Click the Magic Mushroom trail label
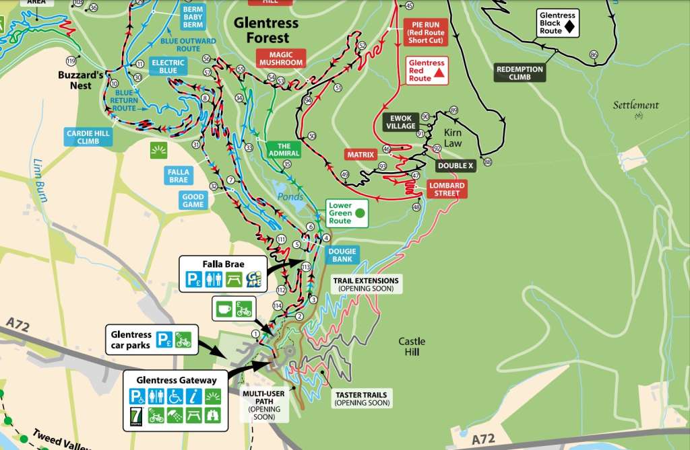(281, 59)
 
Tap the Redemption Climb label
(520, 73)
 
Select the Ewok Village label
(400, 122)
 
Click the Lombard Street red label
(447, 190)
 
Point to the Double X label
(456, 165)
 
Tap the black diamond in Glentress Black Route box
(569, 27)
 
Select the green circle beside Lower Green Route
(360, 213)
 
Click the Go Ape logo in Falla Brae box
(253, 279)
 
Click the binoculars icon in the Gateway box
(214, 416)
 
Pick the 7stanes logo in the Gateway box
(136, 417)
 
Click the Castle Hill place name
(412, 346)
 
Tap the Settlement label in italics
(635, 105)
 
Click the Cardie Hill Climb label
(88, 137)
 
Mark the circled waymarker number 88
(488, 162)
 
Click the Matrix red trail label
(360, 155)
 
